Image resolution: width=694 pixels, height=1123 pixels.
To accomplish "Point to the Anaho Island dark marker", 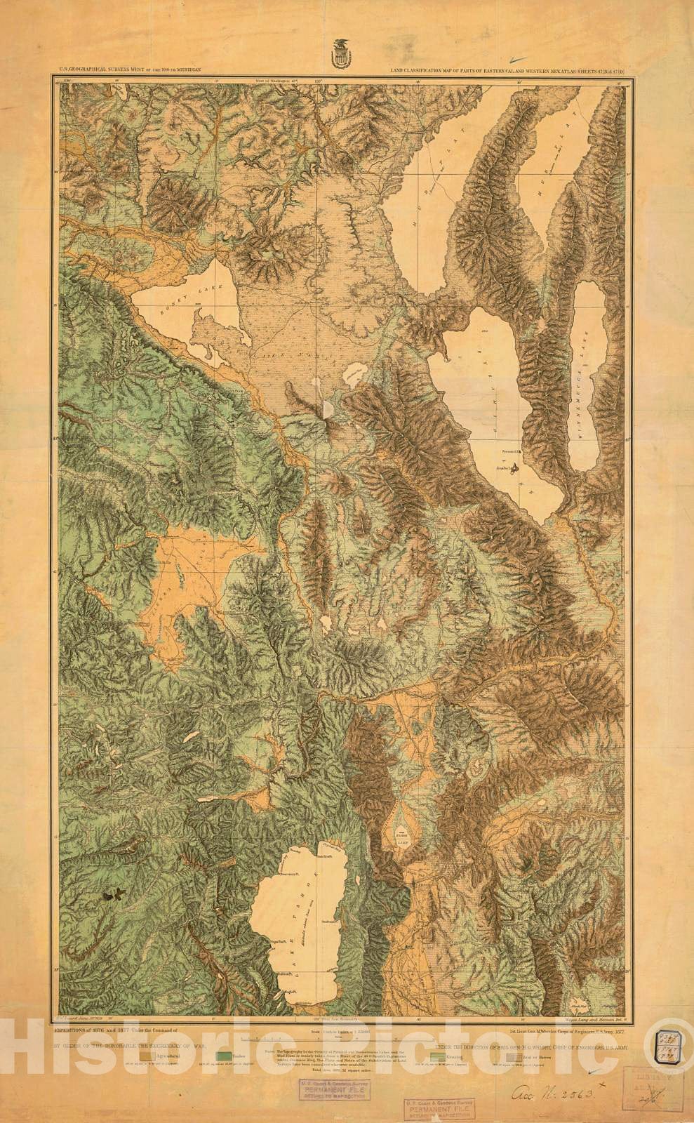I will tap(517, 465).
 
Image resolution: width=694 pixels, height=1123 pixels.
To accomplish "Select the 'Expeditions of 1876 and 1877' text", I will tap(112, 1028).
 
